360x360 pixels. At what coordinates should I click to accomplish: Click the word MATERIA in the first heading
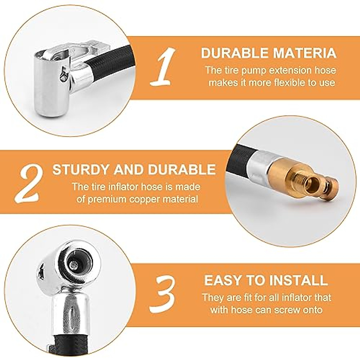[x=305, y=53]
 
